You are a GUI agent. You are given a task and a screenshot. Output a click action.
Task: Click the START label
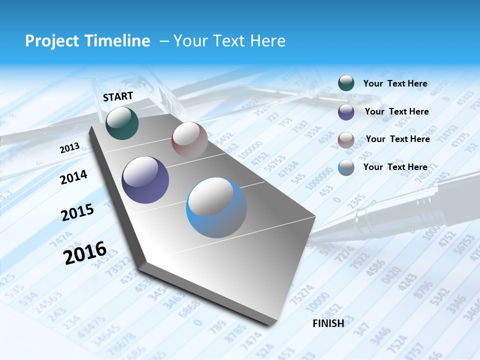click(118, 96)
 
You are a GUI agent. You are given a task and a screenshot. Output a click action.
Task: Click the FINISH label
click(328, 323)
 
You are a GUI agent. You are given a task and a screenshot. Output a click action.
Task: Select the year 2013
click(70, 148)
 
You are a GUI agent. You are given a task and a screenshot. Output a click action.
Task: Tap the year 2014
click(74, 177)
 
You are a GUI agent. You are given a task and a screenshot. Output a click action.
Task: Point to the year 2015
click(77, 212)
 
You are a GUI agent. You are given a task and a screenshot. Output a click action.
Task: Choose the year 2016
click(85, 252)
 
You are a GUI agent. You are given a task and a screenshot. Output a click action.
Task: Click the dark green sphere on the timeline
click(122, 123)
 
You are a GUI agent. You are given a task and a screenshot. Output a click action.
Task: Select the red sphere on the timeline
click(189, 139)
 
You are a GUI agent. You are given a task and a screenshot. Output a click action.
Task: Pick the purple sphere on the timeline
click(145, 180)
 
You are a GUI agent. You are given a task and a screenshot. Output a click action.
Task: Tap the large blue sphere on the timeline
click(216, 207)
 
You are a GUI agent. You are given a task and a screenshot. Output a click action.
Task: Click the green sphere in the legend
click(346, 83)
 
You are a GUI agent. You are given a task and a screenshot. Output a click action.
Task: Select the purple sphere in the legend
click(346, 112)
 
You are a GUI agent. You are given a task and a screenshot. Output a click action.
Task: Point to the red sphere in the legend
click(346, 139)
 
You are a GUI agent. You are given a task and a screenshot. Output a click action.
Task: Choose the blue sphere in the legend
click(346, 167)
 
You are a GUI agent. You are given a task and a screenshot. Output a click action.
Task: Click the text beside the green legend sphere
click(395, 83)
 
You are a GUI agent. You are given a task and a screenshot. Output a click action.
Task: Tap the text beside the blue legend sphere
click(395, 167)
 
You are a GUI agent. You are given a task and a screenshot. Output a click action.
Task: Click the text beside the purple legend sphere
click(396, 111)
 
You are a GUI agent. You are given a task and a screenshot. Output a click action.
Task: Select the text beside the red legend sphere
click(397, 139)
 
